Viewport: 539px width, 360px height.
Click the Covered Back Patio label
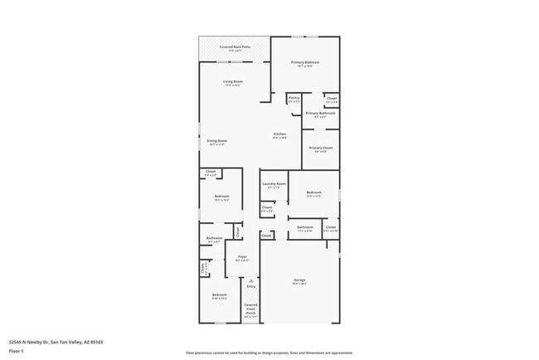tap(235, 47)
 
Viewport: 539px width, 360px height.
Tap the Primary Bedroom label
tap(304, 63)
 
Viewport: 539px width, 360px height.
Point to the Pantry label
tap(294, 98)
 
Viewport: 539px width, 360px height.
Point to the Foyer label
tap(243, 258)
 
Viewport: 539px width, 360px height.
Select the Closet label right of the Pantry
tap(331, 98)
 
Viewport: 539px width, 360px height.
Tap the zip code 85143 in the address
tap(97, 341)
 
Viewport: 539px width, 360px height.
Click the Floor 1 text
tap(16, 350)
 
